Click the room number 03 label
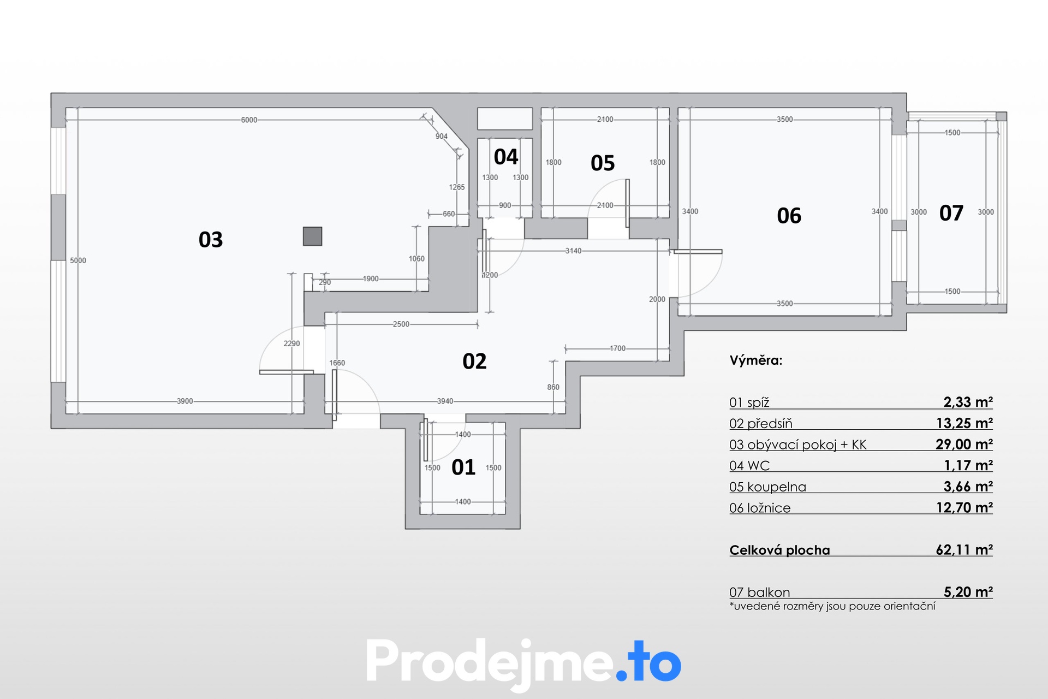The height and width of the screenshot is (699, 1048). point(211,240)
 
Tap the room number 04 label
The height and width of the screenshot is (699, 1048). point(506,157)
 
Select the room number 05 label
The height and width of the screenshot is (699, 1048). point(603,163)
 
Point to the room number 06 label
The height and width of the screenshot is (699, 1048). point(789,216)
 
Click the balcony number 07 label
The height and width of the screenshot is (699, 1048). point(951,213)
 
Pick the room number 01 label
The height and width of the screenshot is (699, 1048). point(463,467)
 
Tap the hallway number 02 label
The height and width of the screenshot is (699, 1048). point(474,362)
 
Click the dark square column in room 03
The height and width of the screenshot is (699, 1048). point(313,236)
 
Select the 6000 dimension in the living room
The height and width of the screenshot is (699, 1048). point(249,120)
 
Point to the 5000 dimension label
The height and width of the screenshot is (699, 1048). point(78,260)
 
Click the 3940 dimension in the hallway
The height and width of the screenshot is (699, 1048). point(445,401)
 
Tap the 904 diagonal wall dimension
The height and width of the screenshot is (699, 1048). point(442,137)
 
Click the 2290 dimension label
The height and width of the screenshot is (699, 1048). point(292,343)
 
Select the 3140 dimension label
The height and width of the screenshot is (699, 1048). point(573,251)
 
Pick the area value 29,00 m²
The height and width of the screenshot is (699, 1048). point(964,445)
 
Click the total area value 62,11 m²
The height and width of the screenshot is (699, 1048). point(964,550)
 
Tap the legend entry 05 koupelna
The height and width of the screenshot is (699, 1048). point(767,487)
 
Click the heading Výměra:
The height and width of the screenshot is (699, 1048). point(756,360)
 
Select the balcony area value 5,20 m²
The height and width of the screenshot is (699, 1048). point(968,592)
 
